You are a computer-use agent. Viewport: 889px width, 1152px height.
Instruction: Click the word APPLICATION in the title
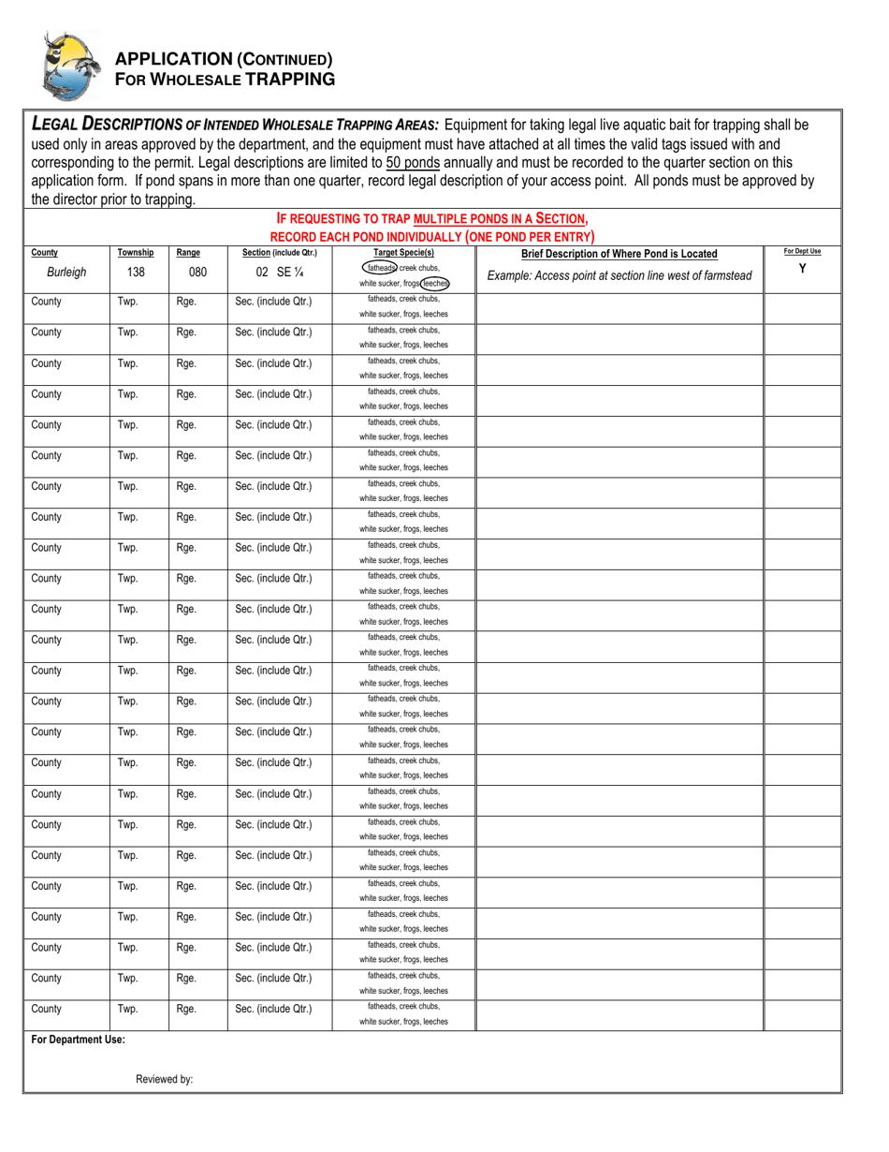coord(172,59)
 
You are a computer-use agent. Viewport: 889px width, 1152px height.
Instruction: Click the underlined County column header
coord(45,253)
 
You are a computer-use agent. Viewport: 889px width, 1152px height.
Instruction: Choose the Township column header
coord(136,253)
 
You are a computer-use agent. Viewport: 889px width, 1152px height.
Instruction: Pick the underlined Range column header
coord(188,253)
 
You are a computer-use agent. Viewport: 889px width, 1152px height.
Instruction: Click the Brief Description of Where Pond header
coord(619,254)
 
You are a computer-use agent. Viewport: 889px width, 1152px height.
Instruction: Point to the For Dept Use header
coord(802,252)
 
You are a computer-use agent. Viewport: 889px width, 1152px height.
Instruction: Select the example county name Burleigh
coord(66,273)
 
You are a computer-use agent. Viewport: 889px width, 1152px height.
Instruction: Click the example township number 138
coord(136,273)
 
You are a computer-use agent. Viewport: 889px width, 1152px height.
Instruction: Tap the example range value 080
coord(197,273)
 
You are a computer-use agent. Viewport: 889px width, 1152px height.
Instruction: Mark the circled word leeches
coord(434,283)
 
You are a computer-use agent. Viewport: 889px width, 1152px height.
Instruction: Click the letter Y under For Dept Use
coord(802,269)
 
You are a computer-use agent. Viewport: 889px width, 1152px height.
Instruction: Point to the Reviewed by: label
coord(165,1079)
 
